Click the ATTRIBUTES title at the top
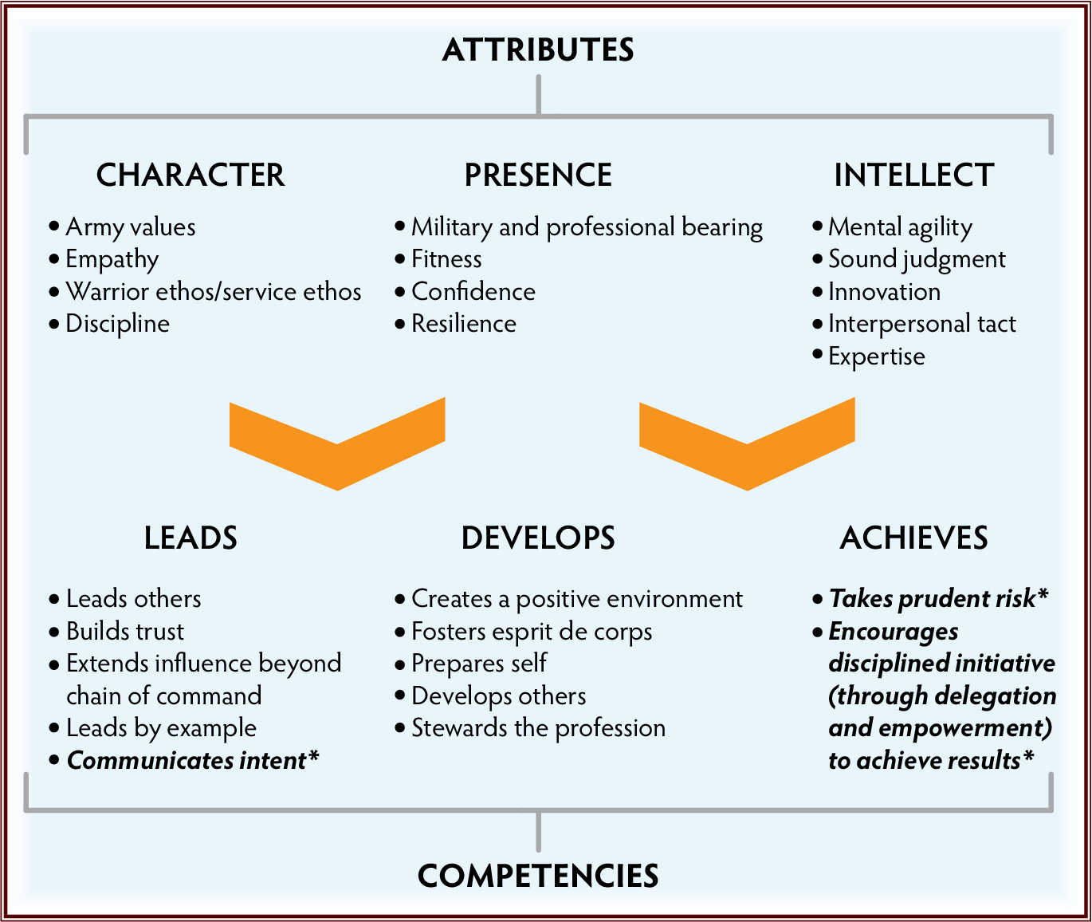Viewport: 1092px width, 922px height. (x=538, y=49)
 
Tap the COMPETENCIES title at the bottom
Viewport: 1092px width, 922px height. (x=538, y=876)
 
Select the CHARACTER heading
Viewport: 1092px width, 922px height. (x=191, y=175)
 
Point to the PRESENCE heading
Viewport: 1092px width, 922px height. (x=538, y=175)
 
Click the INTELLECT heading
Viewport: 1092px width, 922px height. (x=913, y=175)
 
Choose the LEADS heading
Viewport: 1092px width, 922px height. (x=191, y=538)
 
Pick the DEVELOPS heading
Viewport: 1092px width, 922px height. (x=538, y=538)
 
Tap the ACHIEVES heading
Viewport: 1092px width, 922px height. (x=913, y=538)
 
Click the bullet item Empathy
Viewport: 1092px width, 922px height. (x=112, y=259)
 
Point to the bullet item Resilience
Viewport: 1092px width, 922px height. (x=463, y=324)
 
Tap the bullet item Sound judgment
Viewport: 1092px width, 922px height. (x=917, y=259)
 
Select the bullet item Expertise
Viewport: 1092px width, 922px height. (x=876, y=357)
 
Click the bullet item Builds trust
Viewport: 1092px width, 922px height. (x=124, y=632)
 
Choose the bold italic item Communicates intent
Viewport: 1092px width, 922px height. (x=191, y=761)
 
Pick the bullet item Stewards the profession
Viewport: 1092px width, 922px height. (x=538, y=728)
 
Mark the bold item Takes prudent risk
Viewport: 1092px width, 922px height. (x=937, y=598)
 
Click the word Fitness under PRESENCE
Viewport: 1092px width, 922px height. (x=446, y=259)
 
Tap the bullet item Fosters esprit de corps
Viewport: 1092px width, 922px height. (x=532, y=632)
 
